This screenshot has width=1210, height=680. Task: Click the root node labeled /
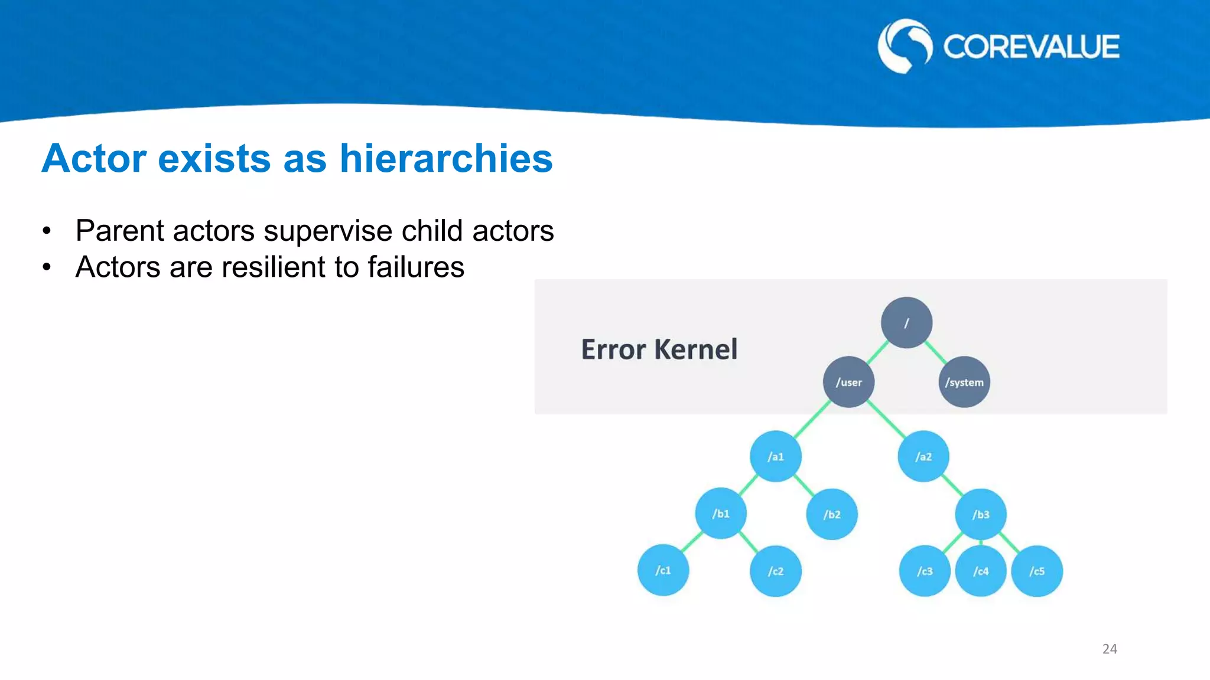[906, 322]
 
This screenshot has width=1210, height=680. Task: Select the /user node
[848, 382]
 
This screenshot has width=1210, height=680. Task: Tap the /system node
[964, 382]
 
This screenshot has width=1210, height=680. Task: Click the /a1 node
[775, 456]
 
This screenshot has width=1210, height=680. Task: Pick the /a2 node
[923, 456]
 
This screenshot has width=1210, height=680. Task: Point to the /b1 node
[720, 514]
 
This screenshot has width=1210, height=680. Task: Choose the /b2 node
[831, 514]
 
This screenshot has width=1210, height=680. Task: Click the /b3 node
[980, 514]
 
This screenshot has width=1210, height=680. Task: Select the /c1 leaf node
[663, 570]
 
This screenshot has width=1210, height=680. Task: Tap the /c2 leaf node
[775, 571]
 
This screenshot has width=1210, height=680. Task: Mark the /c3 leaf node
[924, 571]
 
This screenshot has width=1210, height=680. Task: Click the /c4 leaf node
[980, 571]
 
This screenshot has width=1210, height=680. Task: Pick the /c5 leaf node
[1036, 571]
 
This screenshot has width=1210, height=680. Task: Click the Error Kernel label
[659, 349]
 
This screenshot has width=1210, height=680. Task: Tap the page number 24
[1109, 649]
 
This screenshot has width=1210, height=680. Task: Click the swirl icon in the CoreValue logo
[905, 46]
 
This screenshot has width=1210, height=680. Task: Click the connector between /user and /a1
[812, 419]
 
